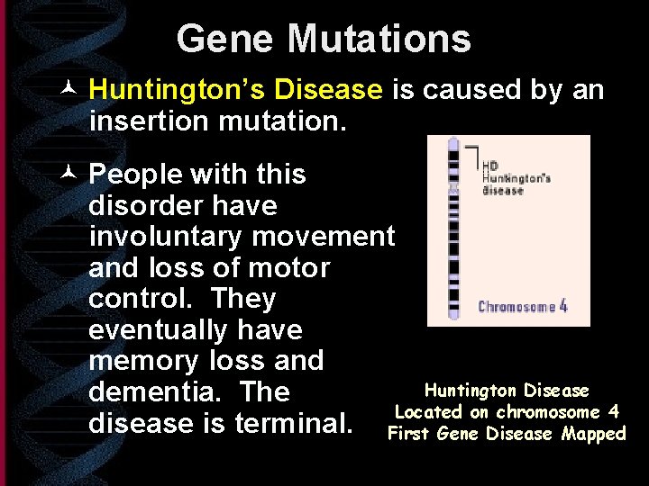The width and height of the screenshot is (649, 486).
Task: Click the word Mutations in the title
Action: pyautogui.click(x=379, y=39)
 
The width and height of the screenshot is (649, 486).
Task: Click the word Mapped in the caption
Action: pyautogui.click(x=591, y=434)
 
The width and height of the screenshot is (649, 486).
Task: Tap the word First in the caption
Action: pyautogui.click(x=409, y=434)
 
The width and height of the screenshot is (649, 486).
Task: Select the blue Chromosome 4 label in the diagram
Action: pyautogui.click(x=522, y=306)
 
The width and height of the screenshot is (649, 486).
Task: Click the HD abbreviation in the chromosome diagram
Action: pyautogui.click(x=490, y=166)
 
